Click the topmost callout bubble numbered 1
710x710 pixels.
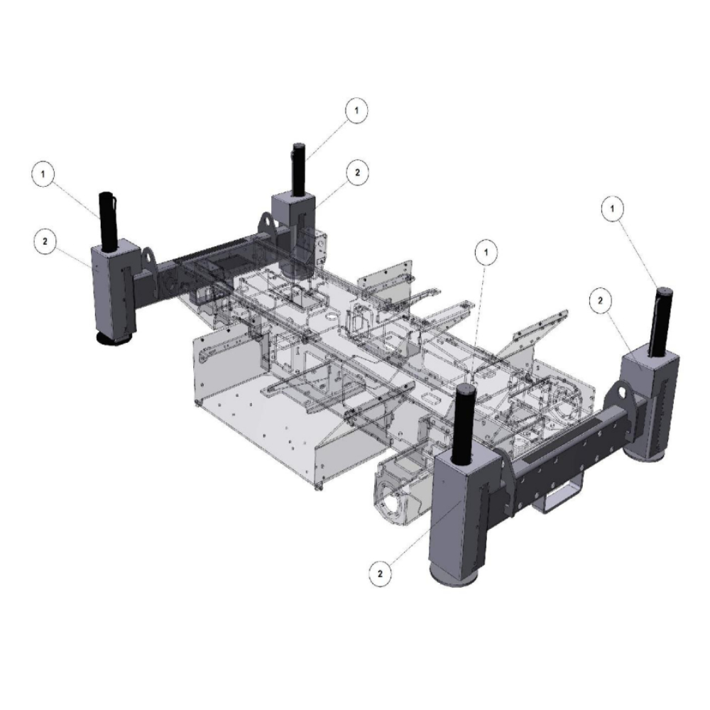pos(356,110)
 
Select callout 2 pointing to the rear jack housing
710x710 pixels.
pos(358,172)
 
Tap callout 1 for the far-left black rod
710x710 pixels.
pos(43,174)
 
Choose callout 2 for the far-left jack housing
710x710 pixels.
pos(45,241)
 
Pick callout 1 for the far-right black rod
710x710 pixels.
pos(613,209)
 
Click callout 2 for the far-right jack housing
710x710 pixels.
pos(601,300)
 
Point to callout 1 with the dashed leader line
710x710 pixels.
pos(487,252)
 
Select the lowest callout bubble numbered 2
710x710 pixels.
pos(380,574)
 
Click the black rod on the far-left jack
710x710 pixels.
pos(108,221)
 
